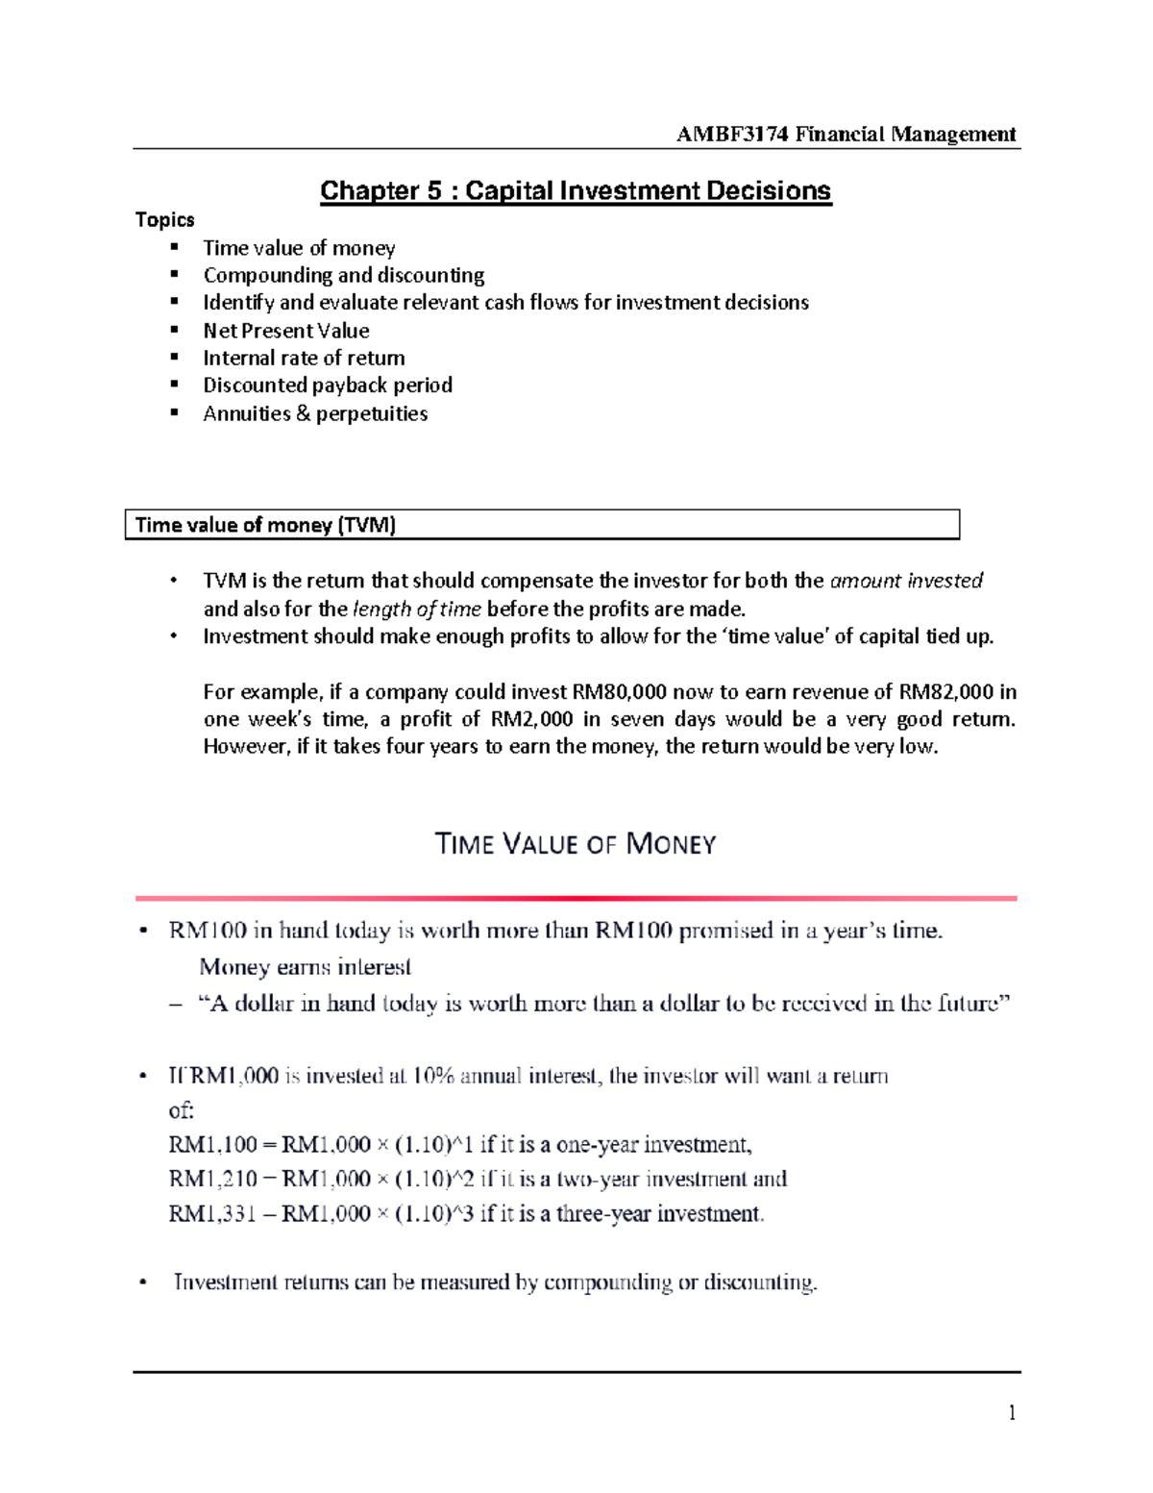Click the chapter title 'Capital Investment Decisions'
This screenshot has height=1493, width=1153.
648,190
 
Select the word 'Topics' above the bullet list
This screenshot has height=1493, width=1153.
165,220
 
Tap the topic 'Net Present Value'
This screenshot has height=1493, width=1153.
286,331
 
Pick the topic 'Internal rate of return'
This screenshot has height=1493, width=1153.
304,359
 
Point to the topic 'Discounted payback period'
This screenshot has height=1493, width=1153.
328,386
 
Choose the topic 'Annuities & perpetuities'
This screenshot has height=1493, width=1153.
315,413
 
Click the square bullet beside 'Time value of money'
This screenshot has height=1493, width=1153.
175,247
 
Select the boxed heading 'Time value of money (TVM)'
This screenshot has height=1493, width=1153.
265,525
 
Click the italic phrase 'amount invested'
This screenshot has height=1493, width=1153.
906,581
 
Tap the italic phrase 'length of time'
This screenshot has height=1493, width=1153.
417,610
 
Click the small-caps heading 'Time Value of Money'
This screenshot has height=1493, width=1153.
576,844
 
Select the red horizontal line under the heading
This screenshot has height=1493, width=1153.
576,898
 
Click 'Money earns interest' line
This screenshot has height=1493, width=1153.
305,967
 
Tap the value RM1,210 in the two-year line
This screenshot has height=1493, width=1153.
212,1180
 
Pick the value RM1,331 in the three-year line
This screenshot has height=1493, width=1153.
212,1214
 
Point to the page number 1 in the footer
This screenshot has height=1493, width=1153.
1012,1412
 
